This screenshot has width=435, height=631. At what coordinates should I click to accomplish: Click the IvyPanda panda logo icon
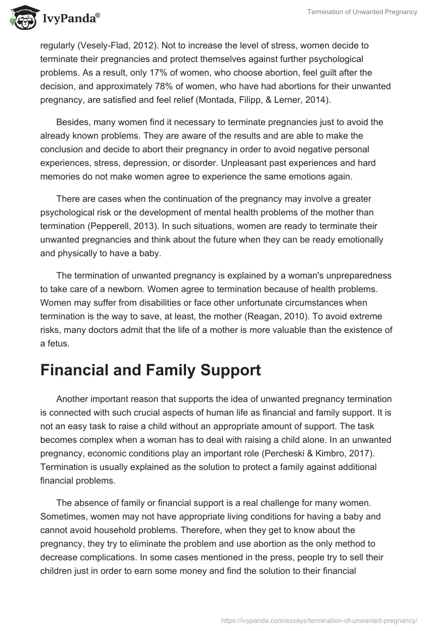point(22,18)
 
